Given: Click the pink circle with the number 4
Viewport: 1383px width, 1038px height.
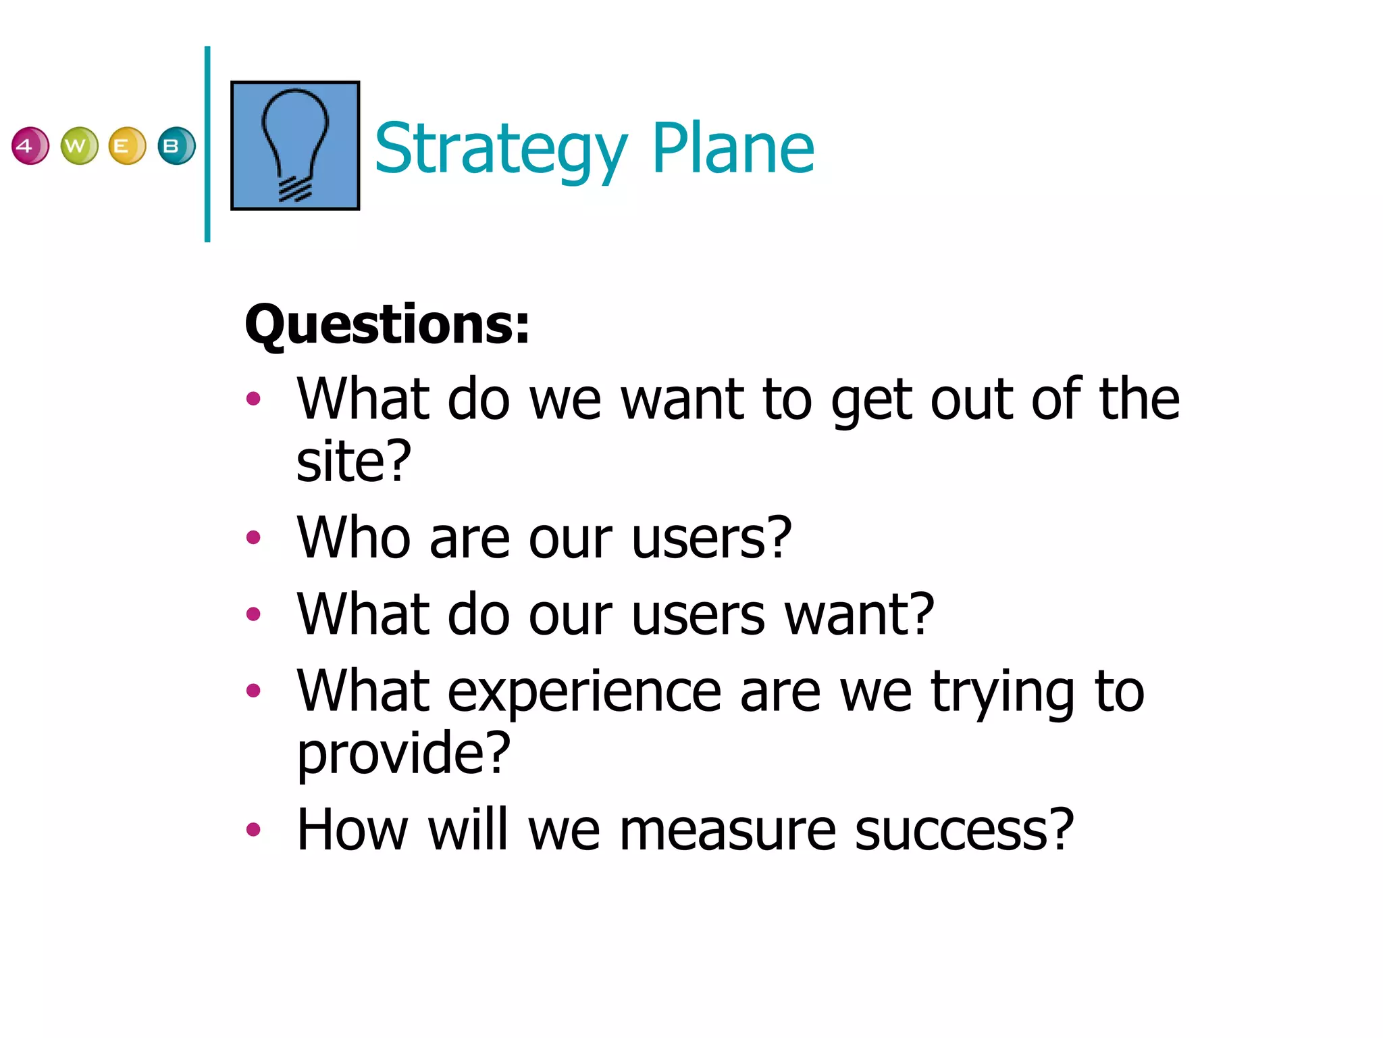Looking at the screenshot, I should [30, 146].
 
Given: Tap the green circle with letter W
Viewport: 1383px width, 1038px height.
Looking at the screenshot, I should [79, 146].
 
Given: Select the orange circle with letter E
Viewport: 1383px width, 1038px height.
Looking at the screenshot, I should [127, 146].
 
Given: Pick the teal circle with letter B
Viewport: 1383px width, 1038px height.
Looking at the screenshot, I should [176, 146].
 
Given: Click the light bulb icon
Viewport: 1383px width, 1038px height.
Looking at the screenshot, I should [295, 145].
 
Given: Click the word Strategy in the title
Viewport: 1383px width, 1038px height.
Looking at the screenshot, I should [500, 149].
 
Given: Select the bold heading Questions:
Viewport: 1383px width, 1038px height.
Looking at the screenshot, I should [387, 325].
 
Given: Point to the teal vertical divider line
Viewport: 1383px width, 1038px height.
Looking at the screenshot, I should [207, 144].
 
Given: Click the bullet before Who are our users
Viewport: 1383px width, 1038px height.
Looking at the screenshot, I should [253, 538].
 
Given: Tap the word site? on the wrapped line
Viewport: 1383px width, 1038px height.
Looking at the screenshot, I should [354, 461].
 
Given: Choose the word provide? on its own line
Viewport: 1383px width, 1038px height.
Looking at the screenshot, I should [404, 752].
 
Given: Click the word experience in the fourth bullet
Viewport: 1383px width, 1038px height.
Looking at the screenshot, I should [584, 692].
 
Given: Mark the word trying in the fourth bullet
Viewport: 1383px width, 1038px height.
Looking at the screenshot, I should [1003, 693].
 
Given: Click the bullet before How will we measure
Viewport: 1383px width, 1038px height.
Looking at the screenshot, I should [253, 829].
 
